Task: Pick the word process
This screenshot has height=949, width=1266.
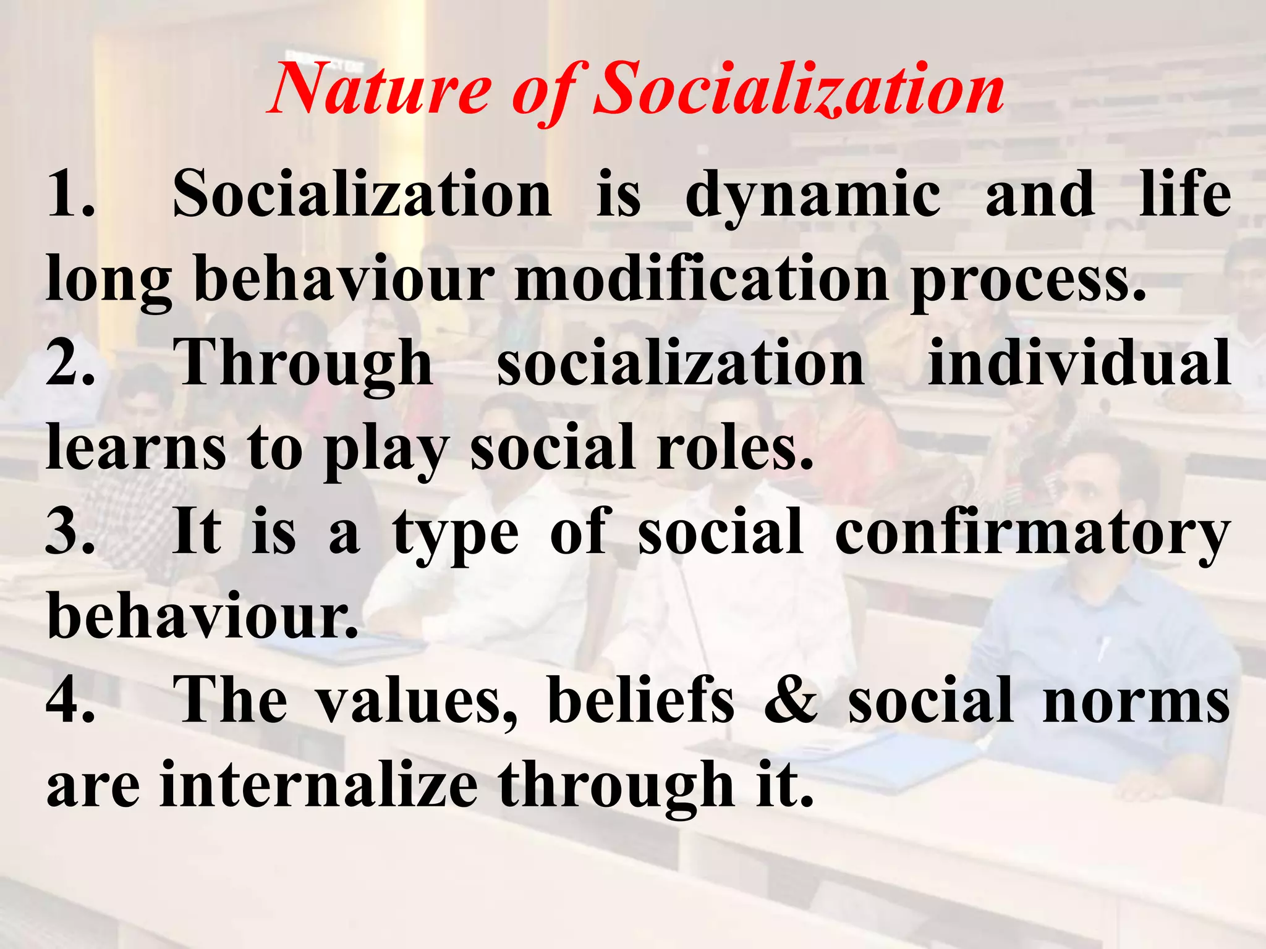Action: [x=1028, y=282]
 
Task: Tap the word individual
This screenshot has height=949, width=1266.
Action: [x=1079, y=363]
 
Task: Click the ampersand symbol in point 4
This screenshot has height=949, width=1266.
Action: [x=791, y=700]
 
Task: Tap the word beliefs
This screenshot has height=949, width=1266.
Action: [x=640, y=700]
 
